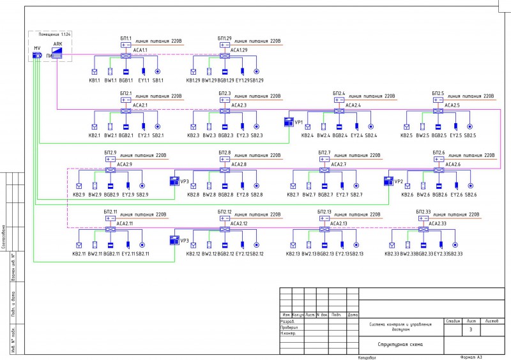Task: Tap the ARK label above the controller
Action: pos(57,44)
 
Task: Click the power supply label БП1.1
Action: pos(126,38)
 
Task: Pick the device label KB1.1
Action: pos(95,80)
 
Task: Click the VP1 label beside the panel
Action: pos(298,121)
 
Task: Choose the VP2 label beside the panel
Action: pos(398,181)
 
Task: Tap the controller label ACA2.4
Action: pos(352,105)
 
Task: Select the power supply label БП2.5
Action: pos(438,93)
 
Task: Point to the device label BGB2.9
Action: pos(112,194)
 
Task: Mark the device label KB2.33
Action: pos(392,254)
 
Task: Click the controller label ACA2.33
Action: pos(438,223)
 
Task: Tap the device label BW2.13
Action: pos(310,254)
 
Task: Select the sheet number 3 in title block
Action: pos(471,330)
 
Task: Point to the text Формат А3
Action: pos(471,357)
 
